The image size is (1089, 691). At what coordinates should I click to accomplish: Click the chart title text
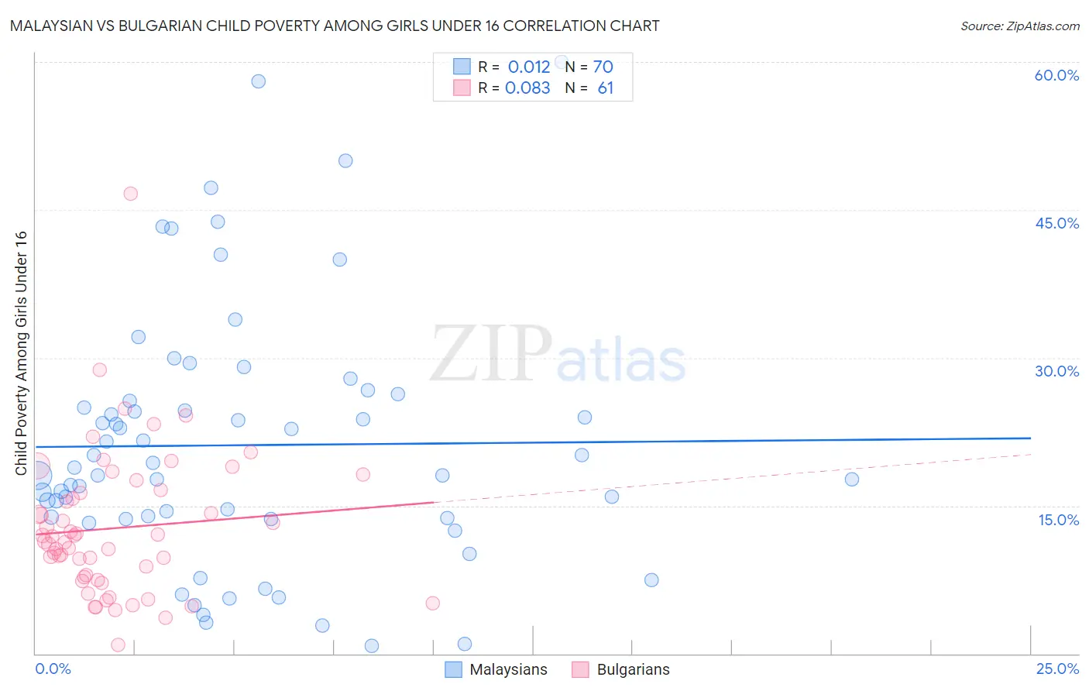(335, 26)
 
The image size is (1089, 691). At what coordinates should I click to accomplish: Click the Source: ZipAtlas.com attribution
(1019, 26)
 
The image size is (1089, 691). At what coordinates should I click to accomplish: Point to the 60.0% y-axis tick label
(1056, 75)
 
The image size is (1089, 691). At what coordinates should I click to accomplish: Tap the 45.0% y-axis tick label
(1056, 223)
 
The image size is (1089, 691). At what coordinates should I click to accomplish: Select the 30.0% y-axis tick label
(1056, 371)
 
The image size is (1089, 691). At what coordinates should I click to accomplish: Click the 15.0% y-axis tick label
(1058, 520)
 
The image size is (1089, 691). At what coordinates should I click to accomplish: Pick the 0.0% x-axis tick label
(53, 669)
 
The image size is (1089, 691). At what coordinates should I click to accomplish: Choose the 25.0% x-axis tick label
(1057, 669)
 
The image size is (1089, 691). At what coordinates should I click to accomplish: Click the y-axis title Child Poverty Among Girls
(21, 353)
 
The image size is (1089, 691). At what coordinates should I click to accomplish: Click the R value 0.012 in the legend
(528, 67)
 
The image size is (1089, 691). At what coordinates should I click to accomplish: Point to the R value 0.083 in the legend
(527, 88)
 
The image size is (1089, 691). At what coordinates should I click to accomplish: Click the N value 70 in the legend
(603, 67)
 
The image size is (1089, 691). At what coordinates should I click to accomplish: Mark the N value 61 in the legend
(605, 88)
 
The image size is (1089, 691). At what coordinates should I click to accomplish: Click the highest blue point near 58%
(259, 81)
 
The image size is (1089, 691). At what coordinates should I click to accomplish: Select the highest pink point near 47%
(130, 194)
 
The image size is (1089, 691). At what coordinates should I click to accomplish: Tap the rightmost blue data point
(852, 480)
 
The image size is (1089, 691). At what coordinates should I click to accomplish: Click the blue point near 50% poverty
(345, 161)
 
